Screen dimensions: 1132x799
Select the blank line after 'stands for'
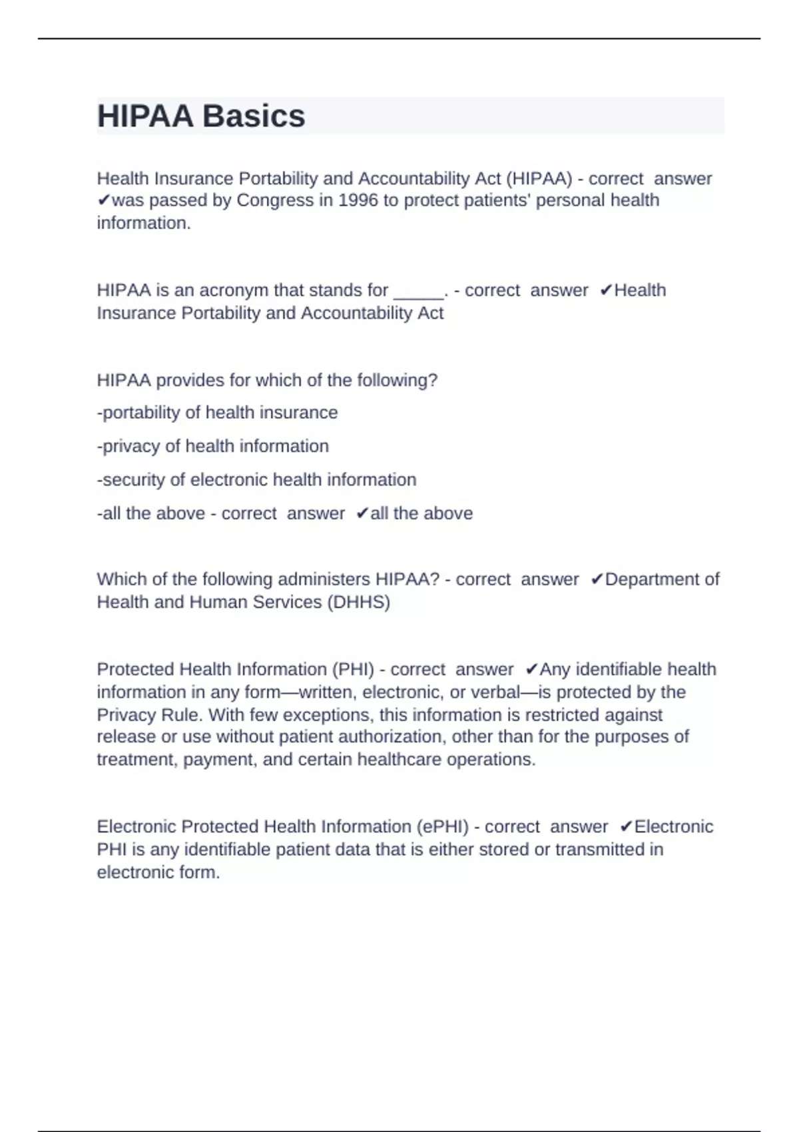click(x=419, y=291)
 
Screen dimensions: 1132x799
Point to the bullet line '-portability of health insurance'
click(x=217, y=413)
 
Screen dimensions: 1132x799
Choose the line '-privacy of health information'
click(x=213, y=446)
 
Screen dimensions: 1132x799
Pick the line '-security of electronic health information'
click(x=256, y=480)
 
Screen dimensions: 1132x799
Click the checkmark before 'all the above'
click(x=362, y=513)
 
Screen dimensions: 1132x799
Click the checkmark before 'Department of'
click(x=597, y=579)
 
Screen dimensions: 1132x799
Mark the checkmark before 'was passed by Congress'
click(x=104, y=200)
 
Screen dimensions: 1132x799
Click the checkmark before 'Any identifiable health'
click(x=531, y=669)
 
